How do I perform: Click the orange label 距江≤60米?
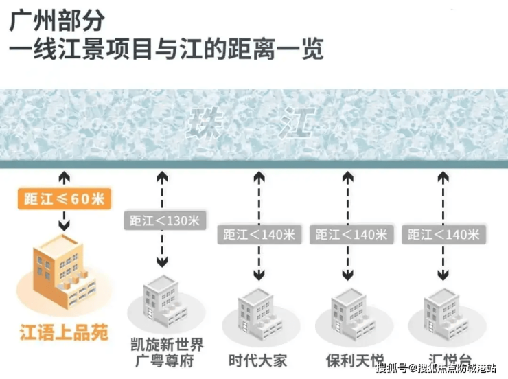tap(63, 199)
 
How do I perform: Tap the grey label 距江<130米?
tap(163, 220)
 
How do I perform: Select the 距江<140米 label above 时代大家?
tap(258, 234)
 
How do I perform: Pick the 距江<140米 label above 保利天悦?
tap(351, 234)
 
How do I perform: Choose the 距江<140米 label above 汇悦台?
tap(443, 234)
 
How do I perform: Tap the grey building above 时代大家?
tap(258, 312)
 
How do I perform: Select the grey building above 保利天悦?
tap(351, 312)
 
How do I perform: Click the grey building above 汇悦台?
tap(443, 312)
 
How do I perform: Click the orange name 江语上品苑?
tap(63, 334)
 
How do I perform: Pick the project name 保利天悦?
tap(351, 360)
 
